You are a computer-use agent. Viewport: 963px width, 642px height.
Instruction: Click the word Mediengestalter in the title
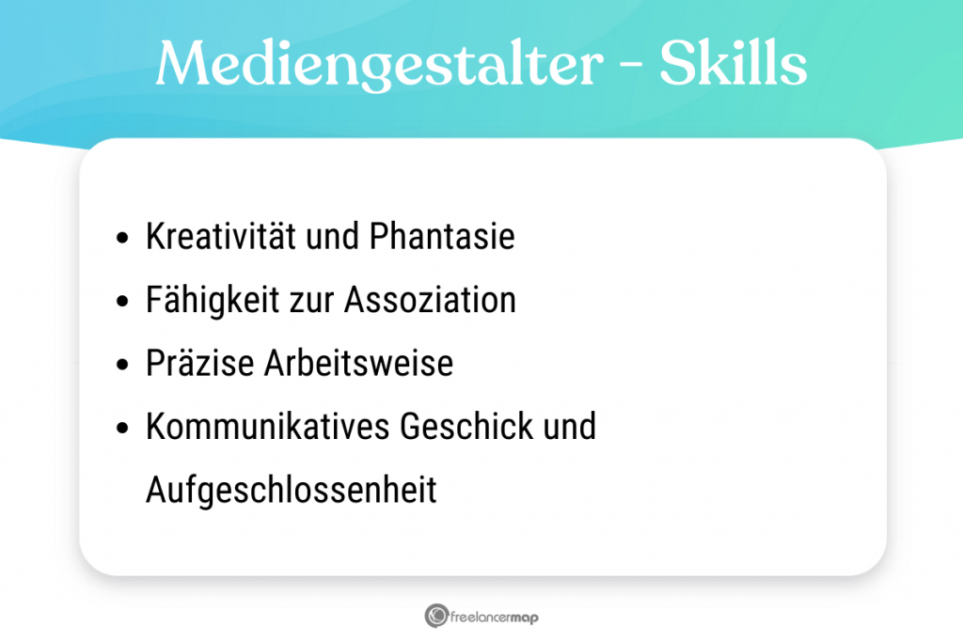click(x=377, y=64)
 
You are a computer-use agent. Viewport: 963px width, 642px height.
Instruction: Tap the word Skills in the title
click(x=733, y=64)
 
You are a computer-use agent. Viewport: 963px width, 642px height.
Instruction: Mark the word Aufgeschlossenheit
click(x=291, y=491)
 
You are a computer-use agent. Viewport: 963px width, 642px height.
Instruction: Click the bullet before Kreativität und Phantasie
click(x=122, y=239)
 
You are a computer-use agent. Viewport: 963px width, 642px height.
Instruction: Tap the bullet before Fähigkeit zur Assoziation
click(x=122, y=302)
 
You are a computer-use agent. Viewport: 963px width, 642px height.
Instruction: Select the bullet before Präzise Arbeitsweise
click(x=122, y=365)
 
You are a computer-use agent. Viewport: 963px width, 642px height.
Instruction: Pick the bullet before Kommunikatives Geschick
click(x=122, y=428)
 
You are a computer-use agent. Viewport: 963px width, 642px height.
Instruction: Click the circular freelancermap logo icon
click(x=435, y=617)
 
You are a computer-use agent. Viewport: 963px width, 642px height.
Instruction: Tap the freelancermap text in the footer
click(x=495, y=618)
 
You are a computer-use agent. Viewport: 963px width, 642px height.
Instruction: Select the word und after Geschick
click(x=570, y=427)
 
